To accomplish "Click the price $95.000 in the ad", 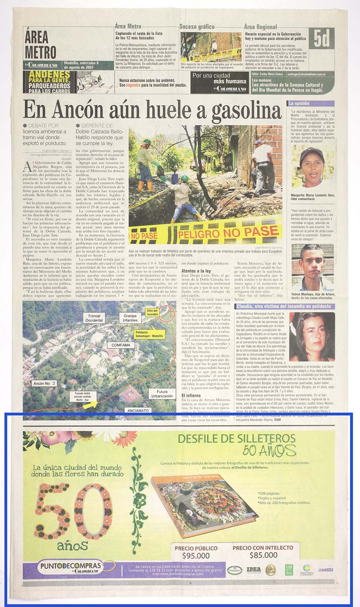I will [x=196, y=555].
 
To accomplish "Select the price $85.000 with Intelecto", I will [x=263, y=555].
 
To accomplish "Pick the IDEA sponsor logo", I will [x=254, y=570].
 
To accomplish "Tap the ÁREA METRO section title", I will [x=40, y=45].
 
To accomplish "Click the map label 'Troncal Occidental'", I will [x=94, y=318].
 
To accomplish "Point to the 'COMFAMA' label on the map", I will [x=121, y=345].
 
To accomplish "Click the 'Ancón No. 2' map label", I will [x=44, y=383].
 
